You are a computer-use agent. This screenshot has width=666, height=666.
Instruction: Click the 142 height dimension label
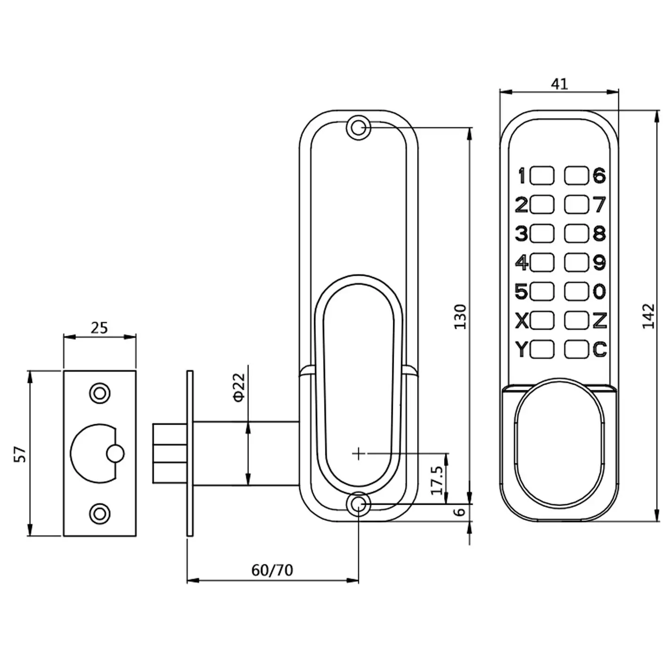pos(649,316)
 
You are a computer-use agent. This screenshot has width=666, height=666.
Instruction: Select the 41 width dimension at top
pos(559,84)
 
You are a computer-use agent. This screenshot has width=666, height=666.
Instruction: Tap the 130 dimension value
pos(460,316)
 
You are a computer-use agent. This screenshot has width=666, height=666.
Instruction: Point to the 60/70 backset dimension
pos(272,570)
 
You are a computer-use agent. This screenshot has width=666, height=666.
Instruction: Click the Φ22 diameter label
pos(239,387)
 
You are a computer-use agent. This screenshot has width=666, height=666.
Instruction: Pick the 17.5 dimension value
pos(437,480)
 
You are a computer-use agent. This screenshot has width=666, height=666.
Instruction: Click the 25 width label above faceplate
pos(99,327)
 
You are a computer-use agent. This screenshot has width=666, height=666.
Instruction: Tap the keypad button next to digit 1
pos(542,176)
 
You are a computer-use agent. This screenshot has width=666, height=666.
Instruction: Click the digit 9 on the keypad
pos(599,263)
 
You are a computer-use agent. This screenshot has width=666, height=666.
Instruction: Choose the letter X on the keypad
pos(522,321)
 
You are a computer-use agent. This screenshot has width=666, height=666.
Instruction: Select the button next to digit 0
pos(576,292)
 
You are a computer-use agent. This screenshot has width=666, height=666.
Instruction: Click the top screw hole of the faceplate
pos(100,393)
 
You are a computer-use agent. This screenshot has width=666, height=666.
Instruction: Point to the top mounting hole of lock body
pos(358,127)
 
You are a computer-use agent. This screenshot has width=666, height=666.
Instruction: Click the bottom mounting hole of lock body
pos(358,504)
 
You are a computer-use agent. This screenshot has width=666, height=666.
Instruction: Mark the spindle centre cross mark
pos(358,453)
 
